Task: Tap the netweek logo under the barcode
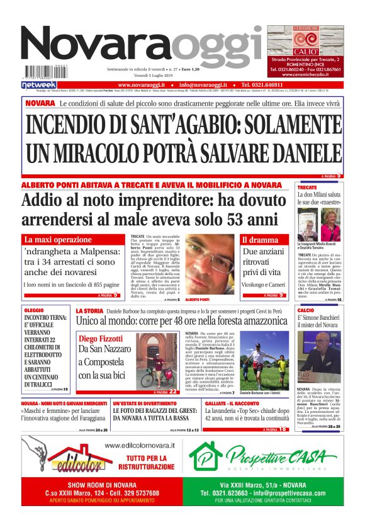[39, 84]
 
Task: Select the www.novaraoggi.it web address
[142, 84]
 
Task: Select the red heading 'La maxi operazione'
[58, 240]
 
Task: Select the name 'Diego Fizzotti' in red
[101, 339]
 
